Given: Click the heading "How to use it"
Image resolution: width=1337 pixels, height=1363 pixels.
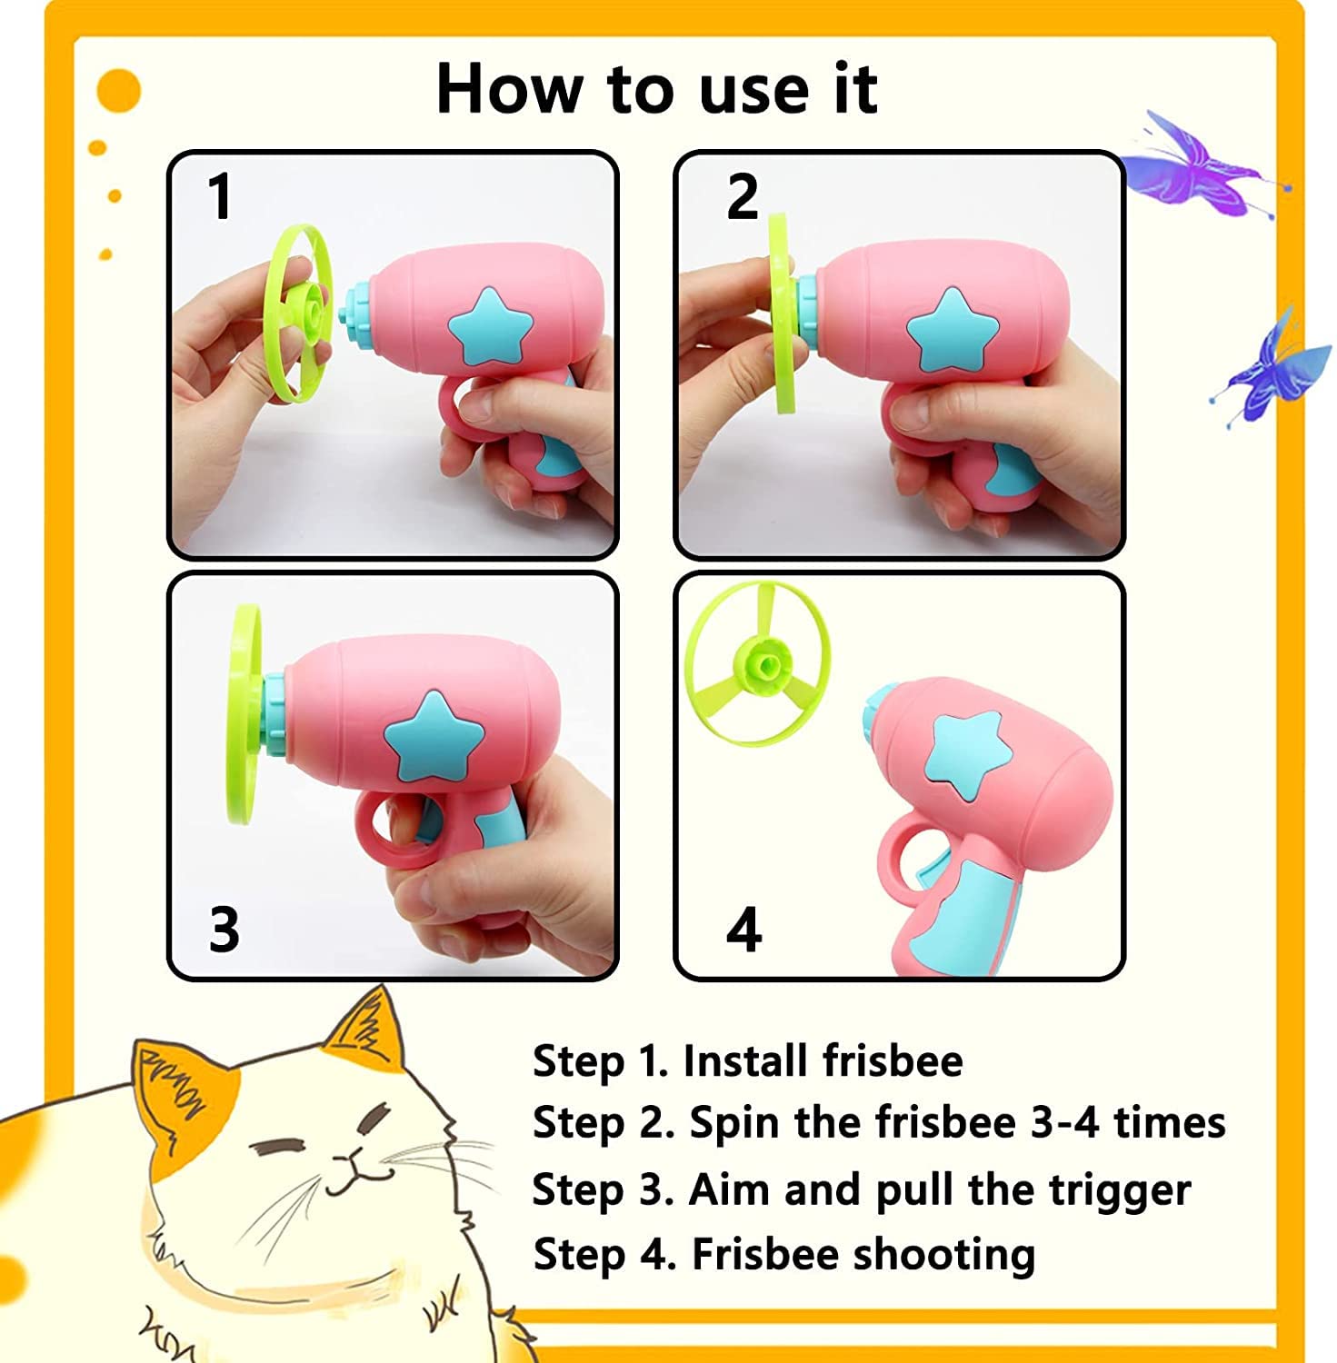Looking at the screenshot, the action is pos(656,88).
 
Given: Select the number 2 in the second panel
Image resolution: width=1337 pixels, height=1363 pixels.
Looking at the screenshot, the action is pos(743,196).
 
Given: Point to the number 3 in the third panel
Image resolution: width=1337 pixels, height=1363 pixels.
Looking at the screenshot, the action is pos(224,929).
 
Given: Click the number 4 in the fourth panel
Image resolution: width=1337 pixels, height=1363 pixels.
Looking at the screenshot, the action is pos(743,930).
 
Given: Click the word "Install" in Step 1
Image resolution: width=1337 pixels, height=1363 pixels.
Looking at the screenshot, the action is pos(744,1060).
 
